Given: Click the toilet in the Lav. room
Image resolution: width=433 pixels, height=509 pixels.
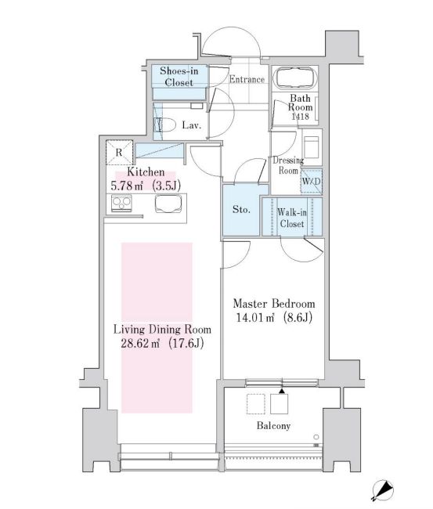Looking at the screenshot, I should [166, 124].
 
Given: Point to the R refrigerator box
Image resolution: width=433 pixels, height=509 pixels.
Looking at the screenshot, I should [118, 153].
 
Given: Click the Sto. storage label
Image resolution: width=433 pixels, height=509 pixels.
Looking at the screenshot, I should [241, 210].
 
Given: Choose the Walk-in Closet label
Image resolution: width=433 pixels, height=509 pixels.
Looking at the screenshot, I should [291, 217].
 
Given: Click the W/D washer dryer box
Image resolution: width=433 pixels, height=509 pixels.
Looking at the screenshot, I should [311, 182].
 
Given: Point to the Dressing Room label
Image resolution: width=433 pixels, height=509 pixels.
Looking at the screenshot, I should [287, 165].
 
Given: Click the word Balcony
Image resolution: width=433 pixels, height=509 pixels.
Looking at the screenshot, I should [272, 426].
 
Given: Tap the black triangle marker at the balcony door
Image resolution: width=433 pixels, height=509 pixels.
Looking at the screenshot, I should [281, 389].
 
